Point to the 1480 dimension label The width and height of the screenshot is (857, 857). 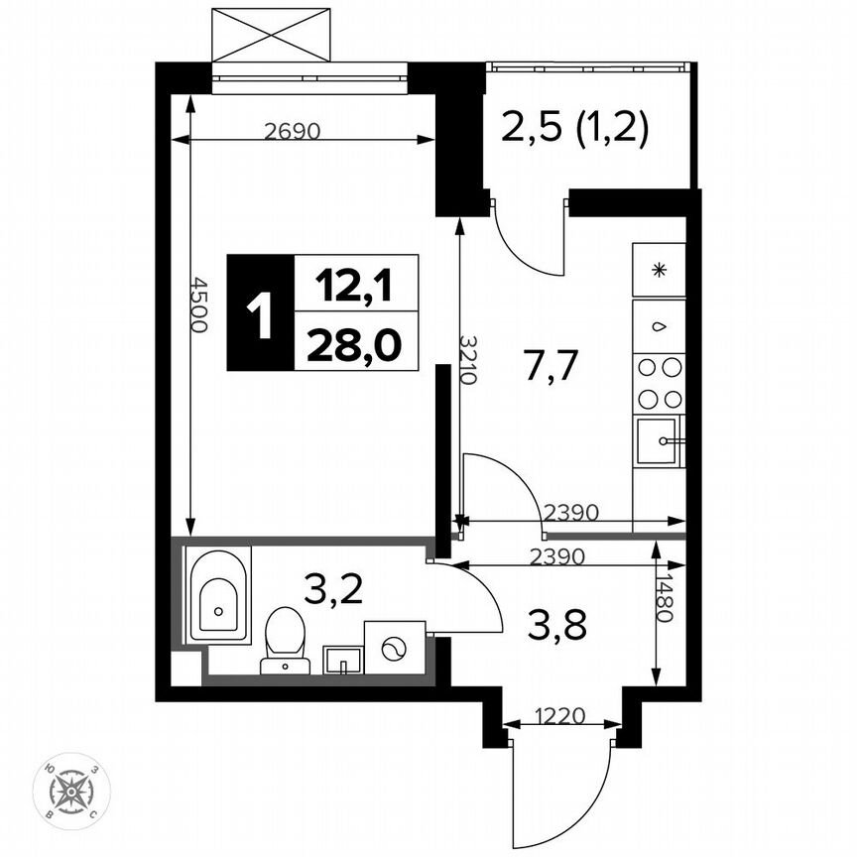pyautogui.click(x=666, y=600)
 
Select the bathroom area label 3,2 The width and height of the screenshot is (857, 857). pyautogui.click(x=333, y=592)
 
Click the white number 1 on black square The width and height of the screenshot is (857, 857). pyautogui.click(x=260, y=312)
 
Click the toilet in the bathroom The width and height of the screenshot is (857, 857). pyautogui.click(x=286, y=638)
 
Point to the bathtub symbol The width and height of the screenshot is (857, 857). pyautogui.click(x=218, y=595)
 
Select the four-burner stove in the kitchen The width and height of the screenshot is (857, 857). pyautogui.click(x=660, y=383)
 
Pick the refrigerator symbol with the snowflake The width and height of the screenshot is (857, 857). pyautogui.click(x=659, y=270)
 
